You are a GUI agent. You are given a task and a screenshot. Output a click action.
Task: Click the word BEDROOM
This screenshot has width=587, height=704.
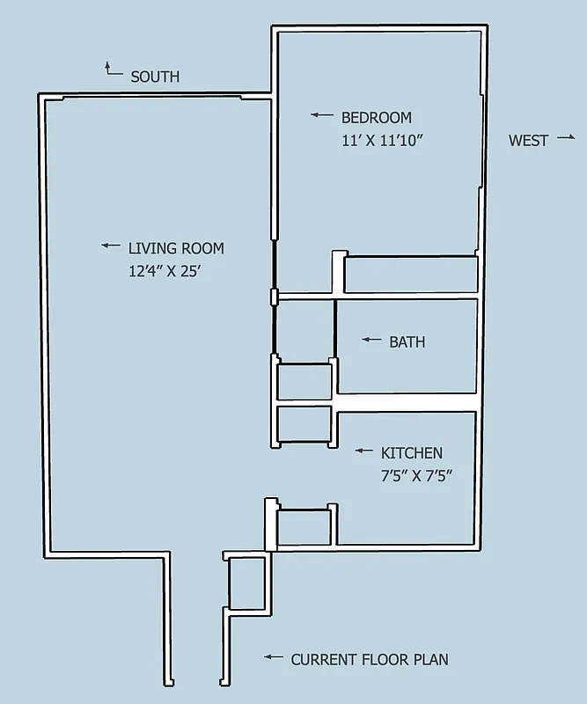376,117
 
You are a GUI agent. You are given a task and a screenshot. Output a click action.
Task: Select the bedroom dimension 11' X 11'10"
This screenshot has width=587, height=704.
383,140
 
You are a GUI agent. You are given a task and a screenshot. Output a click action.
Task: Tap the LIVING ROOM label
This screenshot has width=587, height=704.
176,248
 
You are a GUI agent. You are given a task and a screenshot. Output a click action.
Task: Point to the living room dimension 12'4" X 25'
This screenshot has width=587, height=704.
165,271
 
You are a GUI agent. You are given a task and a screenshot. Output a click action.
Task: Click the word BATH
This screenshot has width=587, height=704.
407,341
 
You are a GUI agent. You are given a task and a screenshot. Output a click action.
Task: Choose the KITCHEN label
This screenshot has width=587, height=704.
411,453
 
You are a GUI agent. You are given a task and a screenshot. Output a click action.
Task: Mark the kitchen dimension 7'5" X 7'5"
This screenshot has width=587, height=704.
415,476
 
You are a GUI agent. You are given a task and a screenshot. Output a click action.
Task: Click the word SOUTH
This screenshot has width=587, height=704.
155,77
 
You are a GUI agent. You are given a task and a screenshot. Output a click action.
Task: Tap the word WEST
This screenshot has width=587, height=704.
528,140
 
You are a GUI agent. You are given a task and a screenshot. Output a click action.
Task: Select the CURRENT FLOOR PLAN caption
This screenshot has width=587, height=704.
370,659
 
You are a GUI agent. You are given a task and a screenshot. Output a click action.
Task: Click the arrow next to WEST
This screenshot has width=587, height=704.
565,137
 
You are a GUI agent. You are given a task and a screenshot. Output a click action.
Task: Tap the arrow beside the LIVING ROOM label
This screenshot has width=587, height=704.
110,246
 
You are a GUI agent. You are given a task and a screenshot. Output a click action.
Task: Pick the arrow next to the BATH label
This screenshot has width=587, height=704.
371,340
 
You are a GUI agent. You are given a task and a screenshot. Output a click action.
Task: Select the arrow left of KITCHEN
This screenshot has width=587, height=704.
363,451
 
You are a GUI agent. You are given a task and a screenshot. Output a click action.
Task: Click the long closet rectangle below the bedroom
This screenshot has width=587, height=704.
410,274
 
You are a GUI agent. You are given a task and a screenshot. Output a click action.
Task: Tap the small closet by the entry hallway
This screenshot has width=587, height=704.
246,583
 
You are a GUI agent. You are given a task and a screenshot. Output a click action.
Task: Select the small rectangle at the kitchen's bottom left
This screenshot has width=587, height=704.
305,527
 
